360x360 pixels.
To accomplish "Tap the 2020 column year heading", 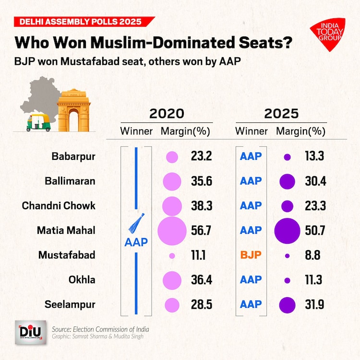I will (x=167, y=114).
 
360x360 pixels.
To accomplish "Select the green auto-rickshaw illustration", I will (x=38, y=123).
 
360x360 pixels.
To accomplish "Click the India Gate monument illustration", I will (x=73, y=110).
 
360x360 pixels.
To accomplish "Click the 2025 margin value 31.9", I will (x=315, y=304).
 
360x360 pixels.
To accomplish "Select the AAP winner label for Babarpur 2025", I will (x=251, y=156).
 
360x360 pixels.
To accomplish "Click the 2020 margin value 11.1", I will (x=197, y=255).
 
